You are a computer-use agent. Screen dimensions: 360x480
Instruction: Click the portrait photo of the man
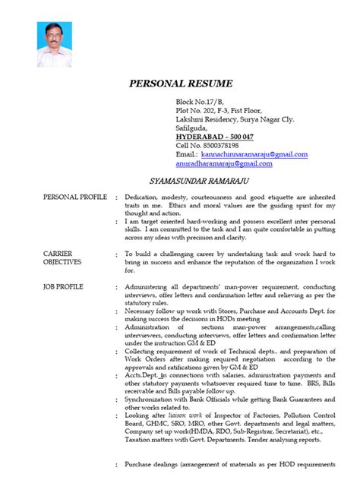tap(57, 46)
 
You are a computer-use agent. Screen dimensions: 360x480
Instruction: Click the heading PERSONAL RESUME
tap(179, 83)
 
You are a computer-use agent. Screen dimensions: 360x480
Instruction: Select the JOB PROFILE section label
tap(64, 287)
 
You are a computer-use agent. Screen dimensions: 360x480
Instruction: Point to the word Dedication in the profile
tap(143, 197)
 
